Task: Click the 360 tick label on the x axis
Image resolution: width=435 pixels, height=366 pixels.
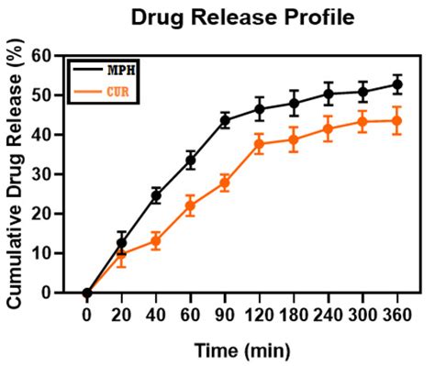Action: pyautogui.click(x=396, y=314)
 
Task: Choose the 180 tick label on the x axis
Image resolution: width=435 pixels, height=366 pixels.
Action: pyautogui.click(x=294, y=314)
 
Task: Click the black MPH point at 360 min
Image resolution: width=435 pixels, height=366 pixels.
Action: pyautogui.click(x=396, y=84)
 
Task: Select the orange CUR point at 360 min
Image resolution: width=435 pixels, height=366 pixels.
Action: pyautogui.click(x=396, y=120)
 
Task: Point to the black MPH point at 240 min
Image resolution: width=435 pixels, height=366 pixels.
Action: pyautogui.click(x=328, y=94)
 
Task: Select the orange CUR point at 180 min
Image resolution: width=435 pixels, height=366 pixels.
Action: pyautogui.click(x=294, y=139)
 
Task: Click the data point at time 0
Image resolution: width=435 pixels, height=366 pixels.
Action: pyautogui.click(x=87, y=294)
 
